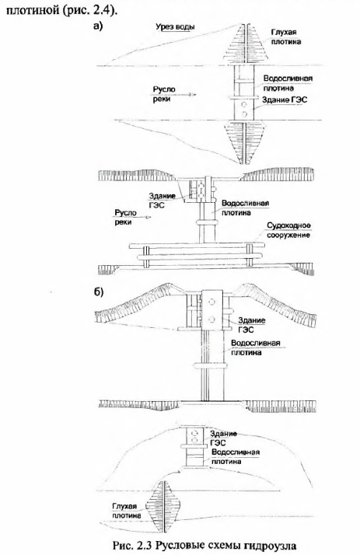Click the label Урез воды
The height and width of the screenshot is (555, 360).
click(x=175, y=27)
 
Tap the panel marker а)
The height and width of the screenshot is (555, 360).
click(x=98, y=26)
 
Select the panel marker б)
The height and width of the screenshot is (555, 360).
click(x=99, y=292)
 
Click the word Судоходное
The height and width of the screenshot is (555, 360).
click(x=288, y=225)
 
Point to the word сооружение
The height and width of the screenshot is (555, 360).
click(x=288, y=235)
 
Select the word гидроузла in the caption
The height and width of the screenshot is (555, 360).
click(x=270, y=546)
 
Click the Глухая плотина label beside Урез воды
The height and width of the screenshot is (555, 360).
click(x=286, y=37)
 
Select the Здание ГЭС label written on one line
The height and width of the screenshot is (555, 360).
click(x=285, y=99)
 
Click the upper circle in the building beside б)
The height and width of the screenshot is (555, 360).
click(x=211, y=302)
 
